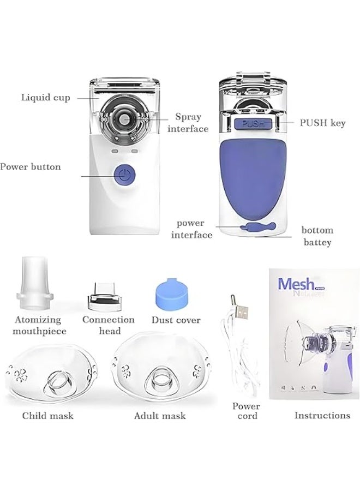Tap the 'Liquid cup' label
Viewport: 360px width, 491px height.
click(46, 98)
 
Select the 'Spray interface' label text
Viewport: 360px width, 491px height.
click(188, 123)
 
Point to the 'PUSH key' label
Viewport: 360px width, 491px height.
click(322, 123)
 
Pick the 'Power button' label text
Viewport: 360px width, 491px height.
click(30, 167)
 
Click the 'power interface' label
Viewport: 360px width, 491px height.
click(191, 229)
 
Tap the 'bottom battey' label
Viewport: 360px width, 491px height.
click(317, 236)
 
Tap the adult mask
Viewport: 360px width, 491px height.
click(158, 374)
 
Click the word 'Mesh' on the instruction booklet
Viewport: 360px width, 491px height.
click(296, 285)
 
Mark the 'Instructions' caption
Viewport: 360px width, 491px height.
click(322, 416)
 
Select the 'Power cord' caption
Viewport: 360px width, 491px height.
click(246, 411)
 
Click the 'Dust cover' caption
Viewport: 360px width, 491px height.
click(176, 320)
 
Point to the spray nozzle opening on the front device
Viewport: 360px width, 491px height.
click(125, 118)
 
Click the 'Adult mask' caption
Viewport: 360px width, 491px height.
click(160, 416)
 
